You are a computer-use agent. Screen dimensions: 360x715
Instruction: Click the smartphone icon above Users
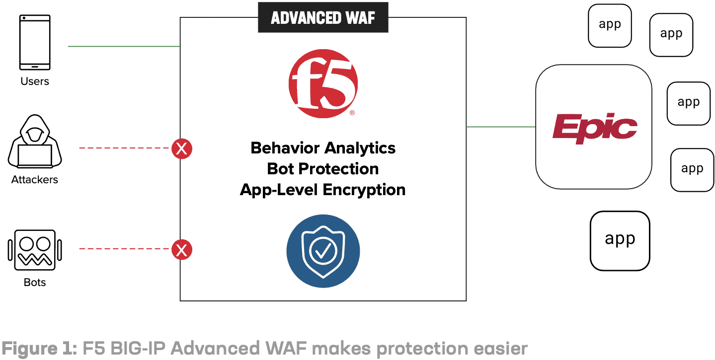click(35, 42)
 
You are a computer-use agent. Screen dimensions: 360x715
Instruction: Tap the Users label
click(35, 81)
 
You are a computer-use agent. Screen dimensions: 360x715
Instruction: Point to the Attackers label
click(35, 179)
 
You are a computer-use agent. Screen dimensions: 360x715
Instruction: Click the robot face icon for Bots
click(35, 250)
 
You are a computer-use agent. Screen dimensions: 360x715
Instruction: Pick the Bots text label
click(35, 283)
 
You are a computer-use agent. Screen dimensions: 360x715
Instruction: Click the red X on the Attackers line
click(182, 148)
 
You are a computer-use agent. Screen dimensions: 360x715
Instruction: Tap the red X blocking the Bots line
click(182, 250)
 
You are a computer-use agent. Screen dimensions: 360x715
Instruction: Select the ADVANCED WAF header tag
click(323, 18)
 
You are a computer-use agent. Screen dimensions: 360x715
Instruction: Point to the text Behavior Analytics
click(323, 148)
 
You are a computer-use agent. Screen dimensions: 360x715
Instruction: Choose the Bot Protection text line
click(323, 169)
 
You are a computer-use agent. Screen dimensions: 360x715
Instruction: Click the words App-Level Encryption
click(323, 190)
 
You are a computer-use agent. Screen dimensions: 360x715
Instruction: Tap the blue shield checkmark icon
click(323, 251)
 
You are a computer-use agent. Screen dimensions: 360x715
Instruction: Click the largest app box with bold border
click(620, 240)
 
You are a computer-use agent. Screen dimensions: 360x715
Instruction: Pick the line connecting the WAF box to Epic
click(501, 127)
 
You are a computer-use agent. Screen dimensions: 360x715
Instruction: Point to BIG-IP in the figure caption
click(135, 349)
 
